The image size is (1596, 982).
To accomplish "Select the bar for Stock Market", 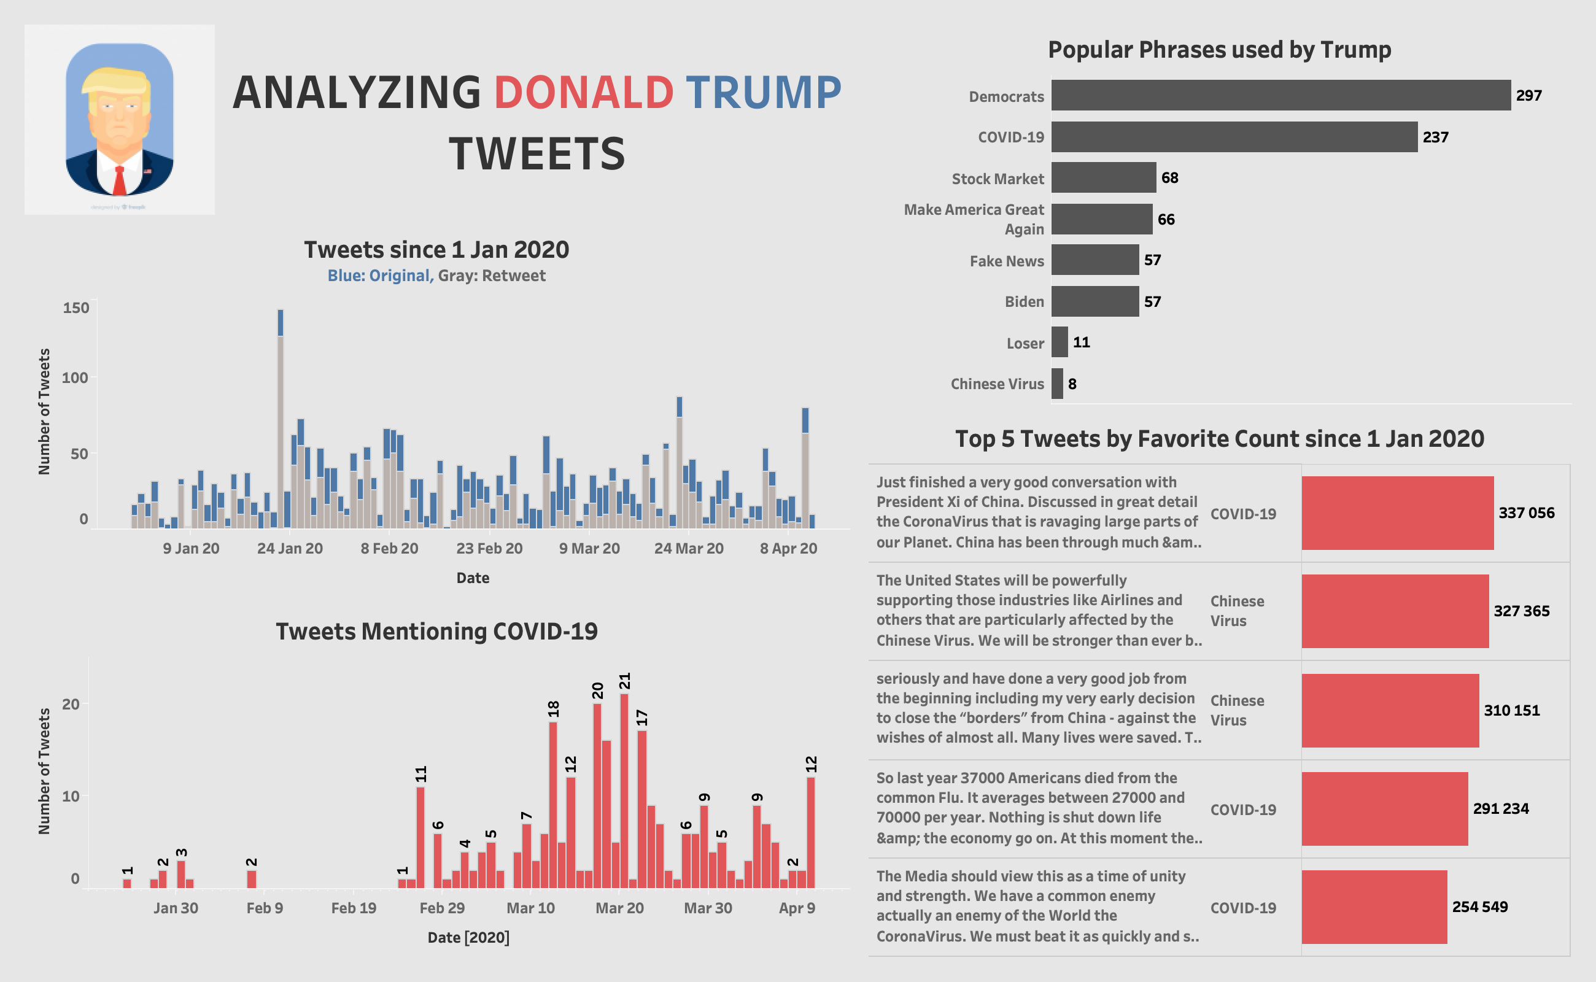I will pos(1103,177).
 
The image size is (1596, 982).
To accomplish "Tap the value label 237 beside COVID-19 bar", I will pos(1435,137).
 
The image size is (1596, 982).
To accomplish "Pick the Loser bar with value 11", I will pos(1059,342).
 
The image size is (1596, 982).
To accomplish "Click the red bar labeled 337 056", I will pos(1396,513).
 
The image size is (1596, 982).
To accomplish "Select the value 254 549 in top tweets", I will pos(1479,907).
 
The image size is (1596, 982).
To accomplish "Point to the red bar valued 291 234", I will pos(1384,808).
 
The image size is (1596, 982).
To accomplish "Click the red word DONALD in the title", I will pos(583,92).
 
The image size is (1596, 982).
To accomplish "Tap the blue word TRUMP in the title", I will pos(763,92).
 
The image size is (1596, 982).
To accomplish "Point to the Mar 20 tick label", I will pos(619,908).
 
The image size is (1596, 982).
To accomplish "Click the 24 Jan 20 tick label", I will pos(290,548).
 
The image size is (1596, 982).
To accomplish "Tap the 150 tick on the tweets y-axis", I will pos(76,308).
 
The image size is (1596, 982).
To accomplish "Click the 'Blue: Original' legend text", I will pos(379,276).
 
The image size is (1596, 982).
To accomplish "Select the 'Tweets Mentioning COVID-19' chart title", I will pos(436,632).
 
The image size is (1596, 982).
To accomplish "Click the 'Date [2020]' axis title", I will pos(468,937).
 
